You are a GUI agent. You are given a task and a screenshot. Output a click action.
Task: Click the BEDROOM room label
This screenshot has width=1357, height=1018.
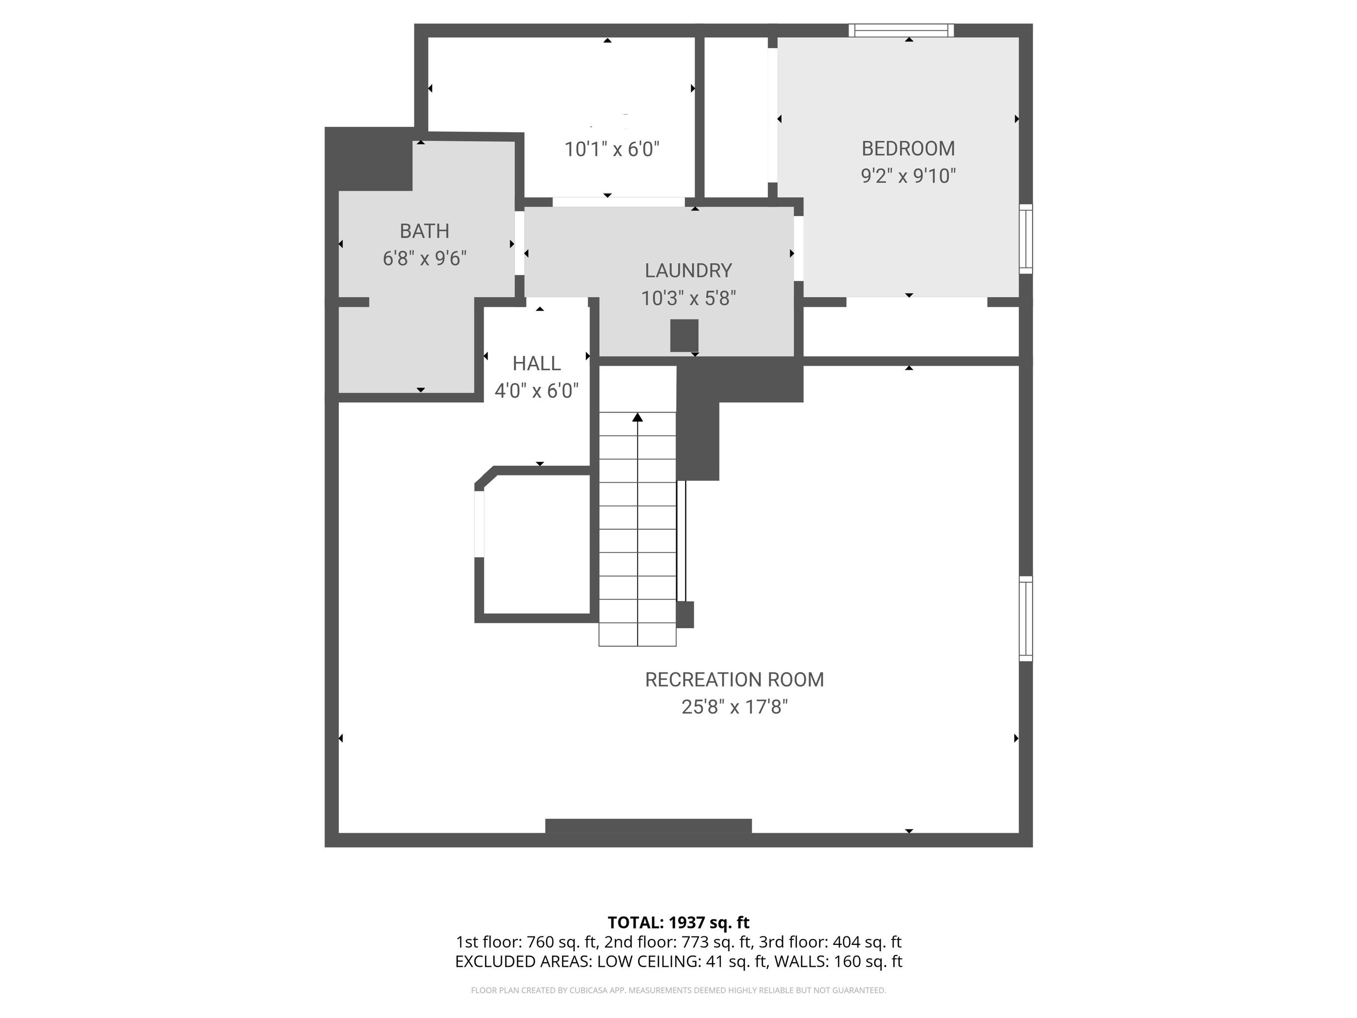coord(908,149)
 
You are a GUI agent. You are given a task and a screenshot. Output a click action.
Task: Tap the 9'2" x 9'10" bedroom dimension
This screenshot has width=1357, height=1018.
coord(908,176)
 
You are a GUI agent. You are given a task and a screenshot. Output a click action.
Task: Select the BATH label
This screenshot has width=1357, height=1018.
coord(424,231)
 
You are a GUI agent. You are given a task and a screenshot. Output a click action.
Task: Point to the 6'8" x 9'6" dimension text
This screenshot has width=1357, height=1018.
coord(424,258)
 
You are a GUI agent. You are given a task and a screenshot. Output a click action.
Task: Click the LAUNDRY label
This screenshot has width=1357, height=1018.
coord(688,270)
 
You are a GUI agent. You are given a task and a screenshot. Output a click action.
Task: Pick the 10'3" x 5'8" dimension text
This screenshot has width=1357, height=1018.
coord(688,298)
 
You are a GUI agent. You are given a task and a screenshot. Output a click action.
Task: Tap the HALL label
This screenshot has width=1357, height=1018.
coord(537,364)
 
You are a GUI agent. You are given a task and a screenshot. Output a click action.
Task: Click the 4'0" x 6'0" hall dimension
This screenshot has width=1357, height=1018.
coord(537,391)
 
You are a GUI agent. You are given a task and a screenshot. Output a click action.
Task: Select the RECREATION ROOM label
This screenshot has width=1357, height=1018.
coord(734,680)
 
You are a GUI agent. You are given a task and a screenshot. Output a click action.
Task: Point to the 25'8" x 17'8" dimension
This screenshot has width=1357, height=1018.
coord(734,707)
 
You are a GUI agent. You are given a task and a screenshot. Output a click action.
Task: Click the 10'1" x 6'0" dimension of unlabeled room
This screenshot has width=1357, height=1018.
coord(612,149)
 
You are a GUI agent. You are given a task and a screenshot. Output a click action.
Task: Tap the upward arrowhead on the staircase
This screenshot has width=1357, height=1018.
coord(638,417)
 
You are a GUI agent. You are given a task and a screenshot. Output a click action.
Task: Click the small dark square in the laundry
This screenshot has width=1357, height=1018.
coord(684,336)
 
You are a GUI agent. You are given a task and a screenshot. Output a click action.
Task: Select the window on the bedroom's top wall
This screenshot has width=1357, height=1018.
coord(901,31)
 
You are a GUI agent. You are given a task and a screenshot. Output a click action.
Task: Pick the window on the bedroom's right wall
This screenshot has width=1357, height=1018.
coord(1026,239)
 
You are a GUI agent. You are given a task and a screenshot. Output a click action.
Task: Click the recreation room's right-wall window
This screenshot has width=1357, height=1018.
coord(1026,618)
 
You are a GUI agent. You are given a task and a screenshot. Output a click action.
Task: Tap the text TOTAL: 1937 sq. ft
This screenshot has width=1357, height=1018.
coord(679,922)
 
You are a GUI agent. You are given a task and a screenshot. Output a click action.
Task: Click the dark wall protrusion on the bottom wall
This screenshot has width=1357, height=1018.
coord(648,826)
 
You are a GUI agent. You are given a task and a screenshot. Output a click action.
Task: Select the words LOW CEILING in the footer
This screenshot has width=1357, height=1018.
coord(648,961)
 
